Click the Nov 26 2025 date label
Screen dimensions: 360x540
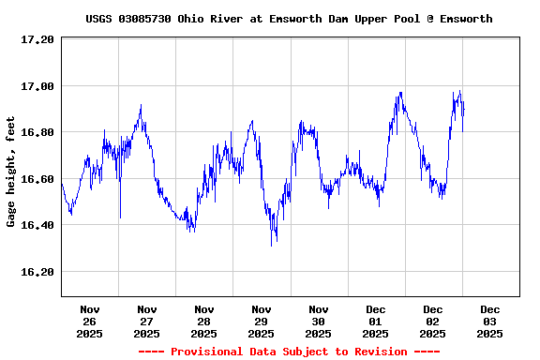point(90,321)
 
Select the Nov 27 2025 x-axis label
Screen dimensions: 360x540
point(147,321)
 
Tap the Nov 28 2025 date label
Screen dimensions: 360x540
point(204,321)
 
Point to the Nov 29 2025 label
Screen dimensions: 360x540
point(262,321)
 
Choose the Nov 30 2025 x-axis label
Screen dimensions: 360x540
point(319,321)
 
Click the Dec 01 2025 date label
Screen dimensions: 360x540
point(376,321)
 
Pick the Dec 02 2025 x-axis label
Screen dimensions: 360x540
point(433,321)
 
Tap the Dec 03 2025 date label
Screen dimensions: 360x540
point(490,321)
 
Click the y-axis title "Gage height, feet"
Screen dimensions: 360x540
point(11,171)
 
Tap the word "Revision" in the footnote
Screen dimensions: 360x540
point(381,352)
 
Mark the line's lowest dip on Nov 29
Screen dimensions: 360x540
point(272,246)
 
